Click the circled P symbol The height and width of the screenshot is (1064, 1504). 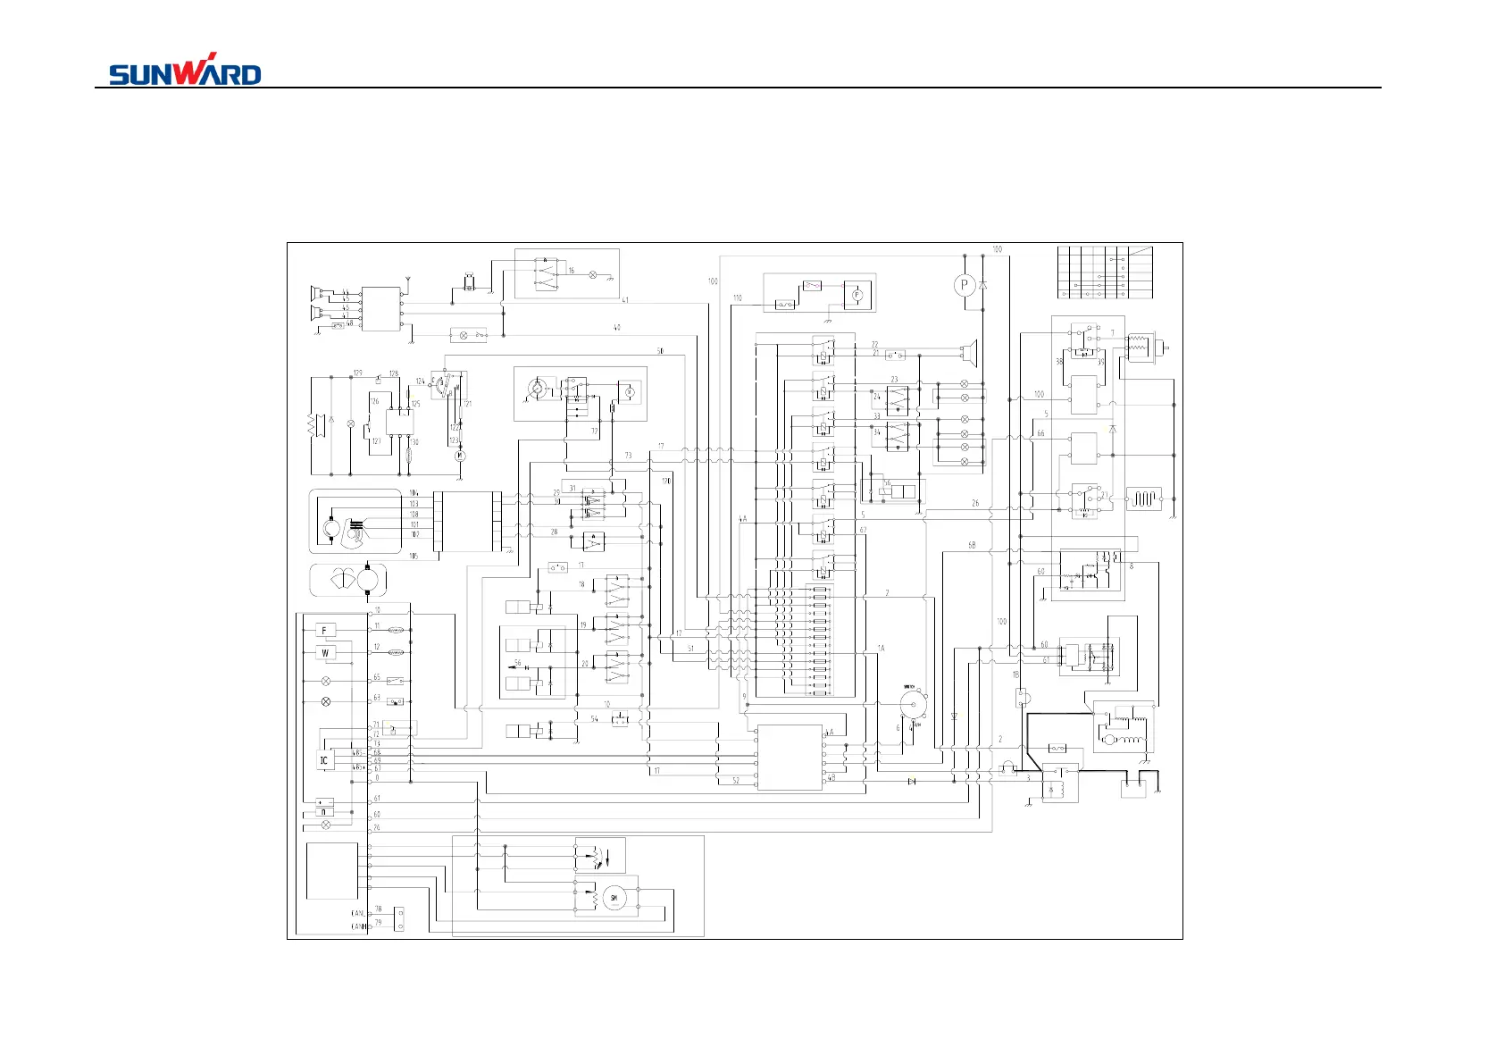964,285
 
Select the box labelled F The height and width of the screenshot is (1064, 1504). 325,631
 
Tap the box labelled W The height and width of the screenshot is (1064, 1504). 325,653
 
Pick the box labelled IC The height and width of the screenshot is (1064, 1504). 324,761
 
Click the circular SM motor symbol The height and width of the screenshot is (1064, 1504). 614,898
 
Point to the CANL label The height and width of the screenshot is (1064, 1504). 358,913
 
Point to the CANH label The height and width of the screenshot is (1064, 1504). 358,927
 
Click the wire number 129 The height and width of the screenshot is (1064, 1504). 357,373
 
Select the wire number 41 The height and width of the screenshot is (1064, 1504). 625,300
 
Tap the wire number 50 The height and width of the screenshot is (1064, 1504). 660,351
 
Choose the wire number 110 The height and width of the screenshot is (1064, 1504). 737,298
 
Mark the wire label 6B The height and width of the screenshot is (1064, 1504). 972,545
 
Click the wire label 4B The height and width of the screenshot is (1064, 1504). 831,778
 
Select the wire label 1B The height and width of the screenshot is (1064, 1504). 1015,675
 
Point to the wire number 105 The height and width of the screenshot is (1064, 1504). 414,556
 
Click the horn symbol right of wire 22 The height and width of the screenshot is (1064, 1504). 971,354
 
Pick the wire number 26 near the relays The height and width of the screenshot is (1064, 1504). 975,503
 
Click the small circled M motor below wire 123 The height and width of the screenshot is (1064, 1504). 461,456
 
